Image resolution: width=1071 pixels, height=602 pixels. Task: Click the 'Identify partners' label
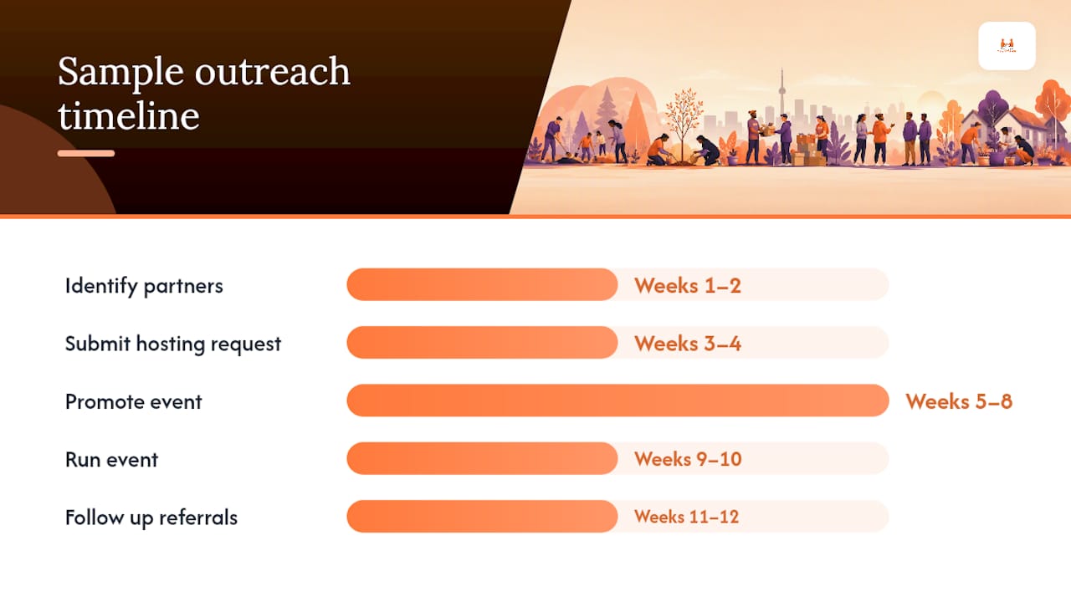[144, 286]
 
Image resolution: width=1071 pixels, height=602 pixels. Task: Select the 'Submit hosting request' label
[173, 344]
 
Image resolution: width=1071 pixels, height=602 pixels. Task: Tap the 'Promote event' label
[133, 402]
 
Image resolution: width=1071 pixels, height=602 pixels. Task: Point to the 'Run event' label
[111, 460]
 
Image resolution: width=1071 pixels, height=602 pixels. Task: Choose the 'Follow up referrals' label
[151, 518]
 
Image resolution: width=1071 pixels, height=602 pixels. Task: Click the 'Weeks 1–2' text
[688, 286]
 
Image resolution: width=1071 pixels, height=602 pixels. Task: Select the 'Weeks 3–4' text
[688, 344]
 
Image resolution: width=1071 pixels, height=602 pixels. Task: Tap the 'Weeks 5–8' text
[959, 401]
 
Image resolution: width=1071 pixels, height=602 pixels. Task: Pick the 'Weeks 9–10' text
[688, 459]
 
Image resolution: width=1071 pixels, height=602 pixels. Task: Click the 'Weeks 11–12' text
[687, 517]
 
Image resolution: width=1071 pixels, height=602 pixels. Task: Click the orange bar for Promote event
[617, 400]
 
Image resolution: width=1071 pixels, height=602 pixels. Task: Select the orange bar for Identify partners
[483, 284]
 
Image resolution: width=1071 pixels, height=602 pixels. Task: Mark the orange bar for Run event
[483, 458]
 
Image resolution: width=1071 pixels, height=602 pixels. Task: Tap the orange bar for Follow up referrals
[483, 516]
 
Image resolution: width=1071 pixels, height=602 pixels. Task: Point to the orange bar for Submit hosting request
[483, 342]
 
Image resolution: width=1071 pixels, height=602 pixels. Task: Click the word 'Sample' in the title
[121, 73]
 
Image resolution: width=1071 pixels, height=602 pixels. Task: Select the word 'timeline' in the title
[129, 115]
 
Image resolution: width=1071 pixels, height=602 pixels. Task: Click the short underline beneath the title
[86, 153]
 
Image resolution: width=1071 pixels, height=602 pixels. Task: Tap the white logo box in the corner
[1007, 46]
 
